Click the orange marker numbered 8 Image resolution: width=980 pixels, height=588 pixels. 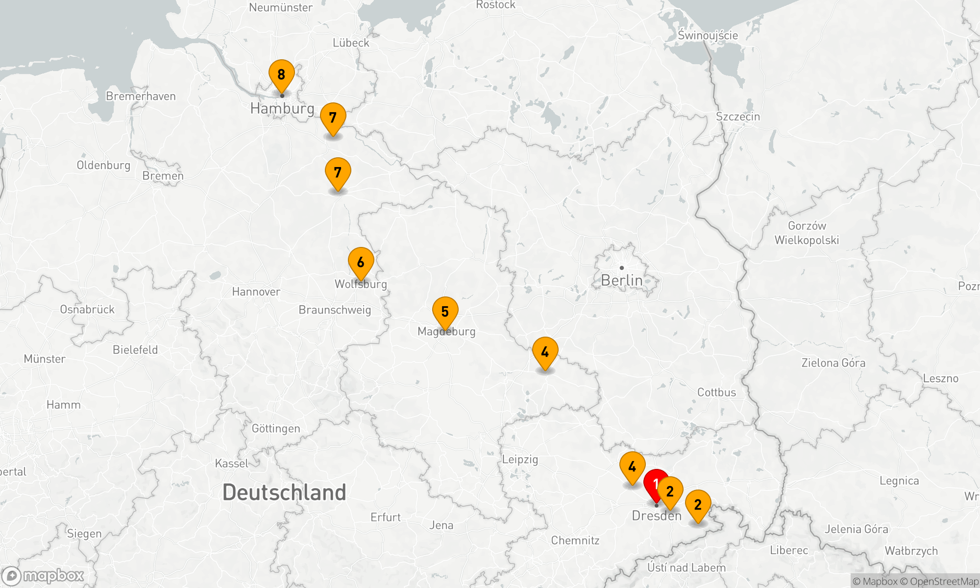point(281,75)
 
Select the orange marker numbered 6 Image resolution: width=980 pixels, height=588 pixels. point(361,263)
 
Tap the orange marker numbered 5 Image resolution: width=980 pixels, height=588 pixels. point(445,312)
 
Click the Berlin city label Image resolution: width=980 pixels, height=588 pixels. point(621,280)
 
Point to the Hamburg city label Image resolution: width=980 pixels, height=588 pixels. point(282,108)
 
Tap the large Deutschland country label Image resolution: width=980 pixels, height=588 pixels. point(284,492)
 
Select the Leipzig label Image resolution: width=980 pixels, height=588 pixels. point(520,460)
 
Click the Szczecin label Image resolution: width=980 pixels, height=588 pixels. point(738,117)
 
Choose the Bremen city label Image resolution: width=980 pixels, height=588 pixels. point(163,176)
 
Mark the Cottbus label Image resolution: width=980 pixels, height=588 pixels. point(716,392)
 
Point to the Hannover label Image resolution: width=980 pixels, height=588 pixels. point(256,292)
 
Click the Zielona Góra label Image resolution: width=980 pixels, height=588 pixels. point(833,363)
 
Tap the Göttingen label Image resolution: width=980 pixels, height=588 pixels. point(276,429)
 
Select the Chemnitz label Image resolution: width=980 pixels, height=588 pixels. point(575,540)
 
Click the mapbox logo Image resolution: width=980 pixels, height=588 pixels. point(43,576)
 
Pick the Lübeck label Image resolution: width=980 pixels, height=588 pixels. point(351,43)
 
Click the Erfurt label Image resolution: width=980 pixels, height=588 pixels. point(385,517)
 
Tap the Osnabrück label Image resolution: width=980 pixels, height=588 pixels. point(87,310)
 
